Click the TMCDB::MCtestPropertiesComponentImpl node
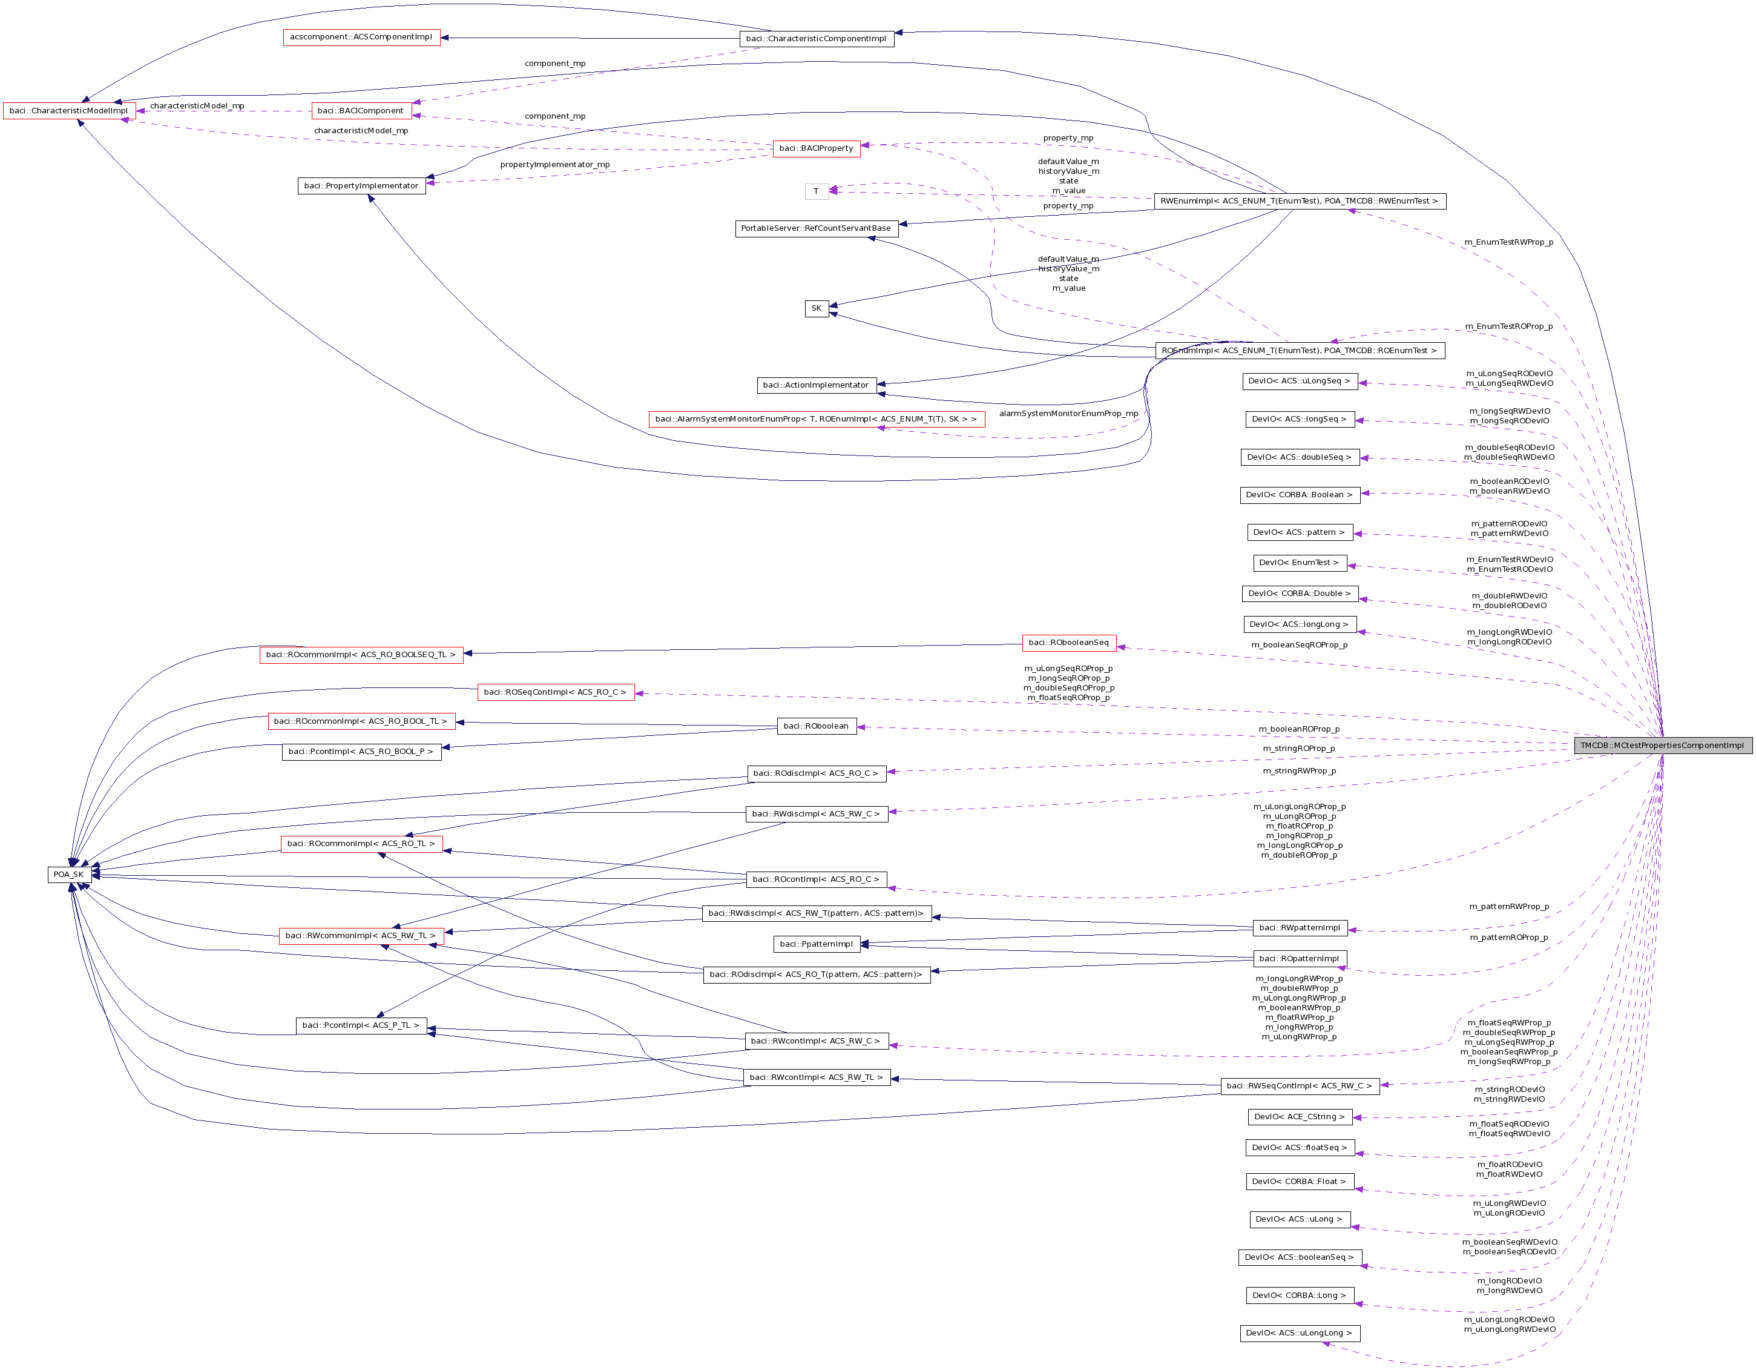[1662, 745]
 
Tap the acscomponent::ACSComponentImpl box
[361, 37]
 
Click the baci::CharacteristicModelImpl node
[68, 111]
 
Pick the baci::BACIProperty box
[816, 148]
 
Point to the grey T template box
[816, 191]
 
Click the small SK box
[816, 308]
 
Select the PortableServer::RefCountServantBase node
[816, 228]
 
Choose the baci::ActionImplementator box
[816, 385]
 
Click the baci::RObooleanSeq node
[1068, 643]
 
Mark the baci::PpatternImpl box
[816, 944]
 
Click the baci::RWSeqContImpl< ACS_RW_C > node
[1300, 1086]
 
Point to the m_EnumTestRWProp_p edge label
[1508, 242]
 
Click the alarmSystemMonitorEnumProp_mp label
[1068, 414]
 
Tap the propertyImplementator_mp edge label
[555, 165]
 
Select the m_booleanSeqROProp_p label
[1300, 645]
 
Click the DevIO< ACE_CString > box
[1300, 1117]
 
